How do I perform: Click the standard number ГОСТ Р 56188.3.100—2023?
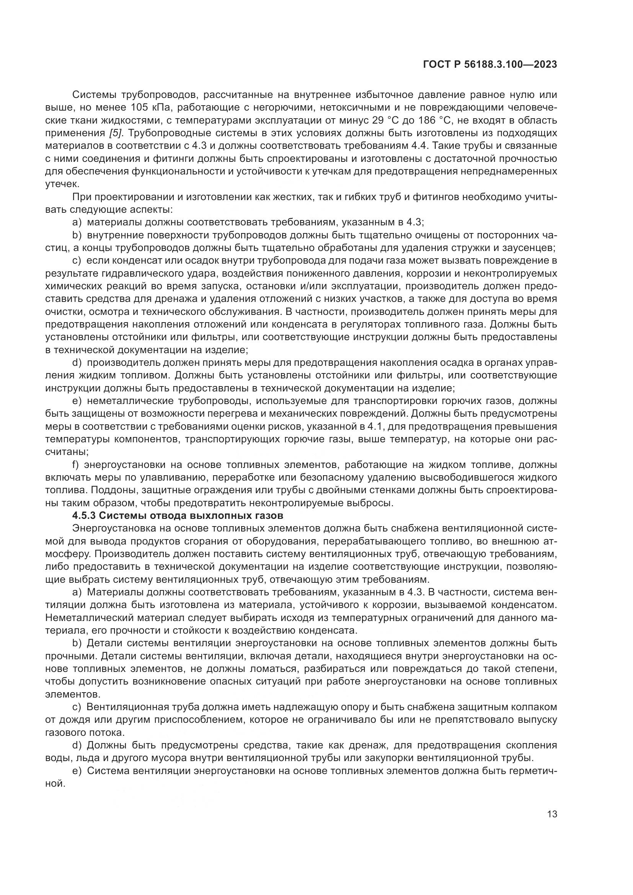489,65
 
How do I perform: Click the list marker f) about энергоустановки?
76,465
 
